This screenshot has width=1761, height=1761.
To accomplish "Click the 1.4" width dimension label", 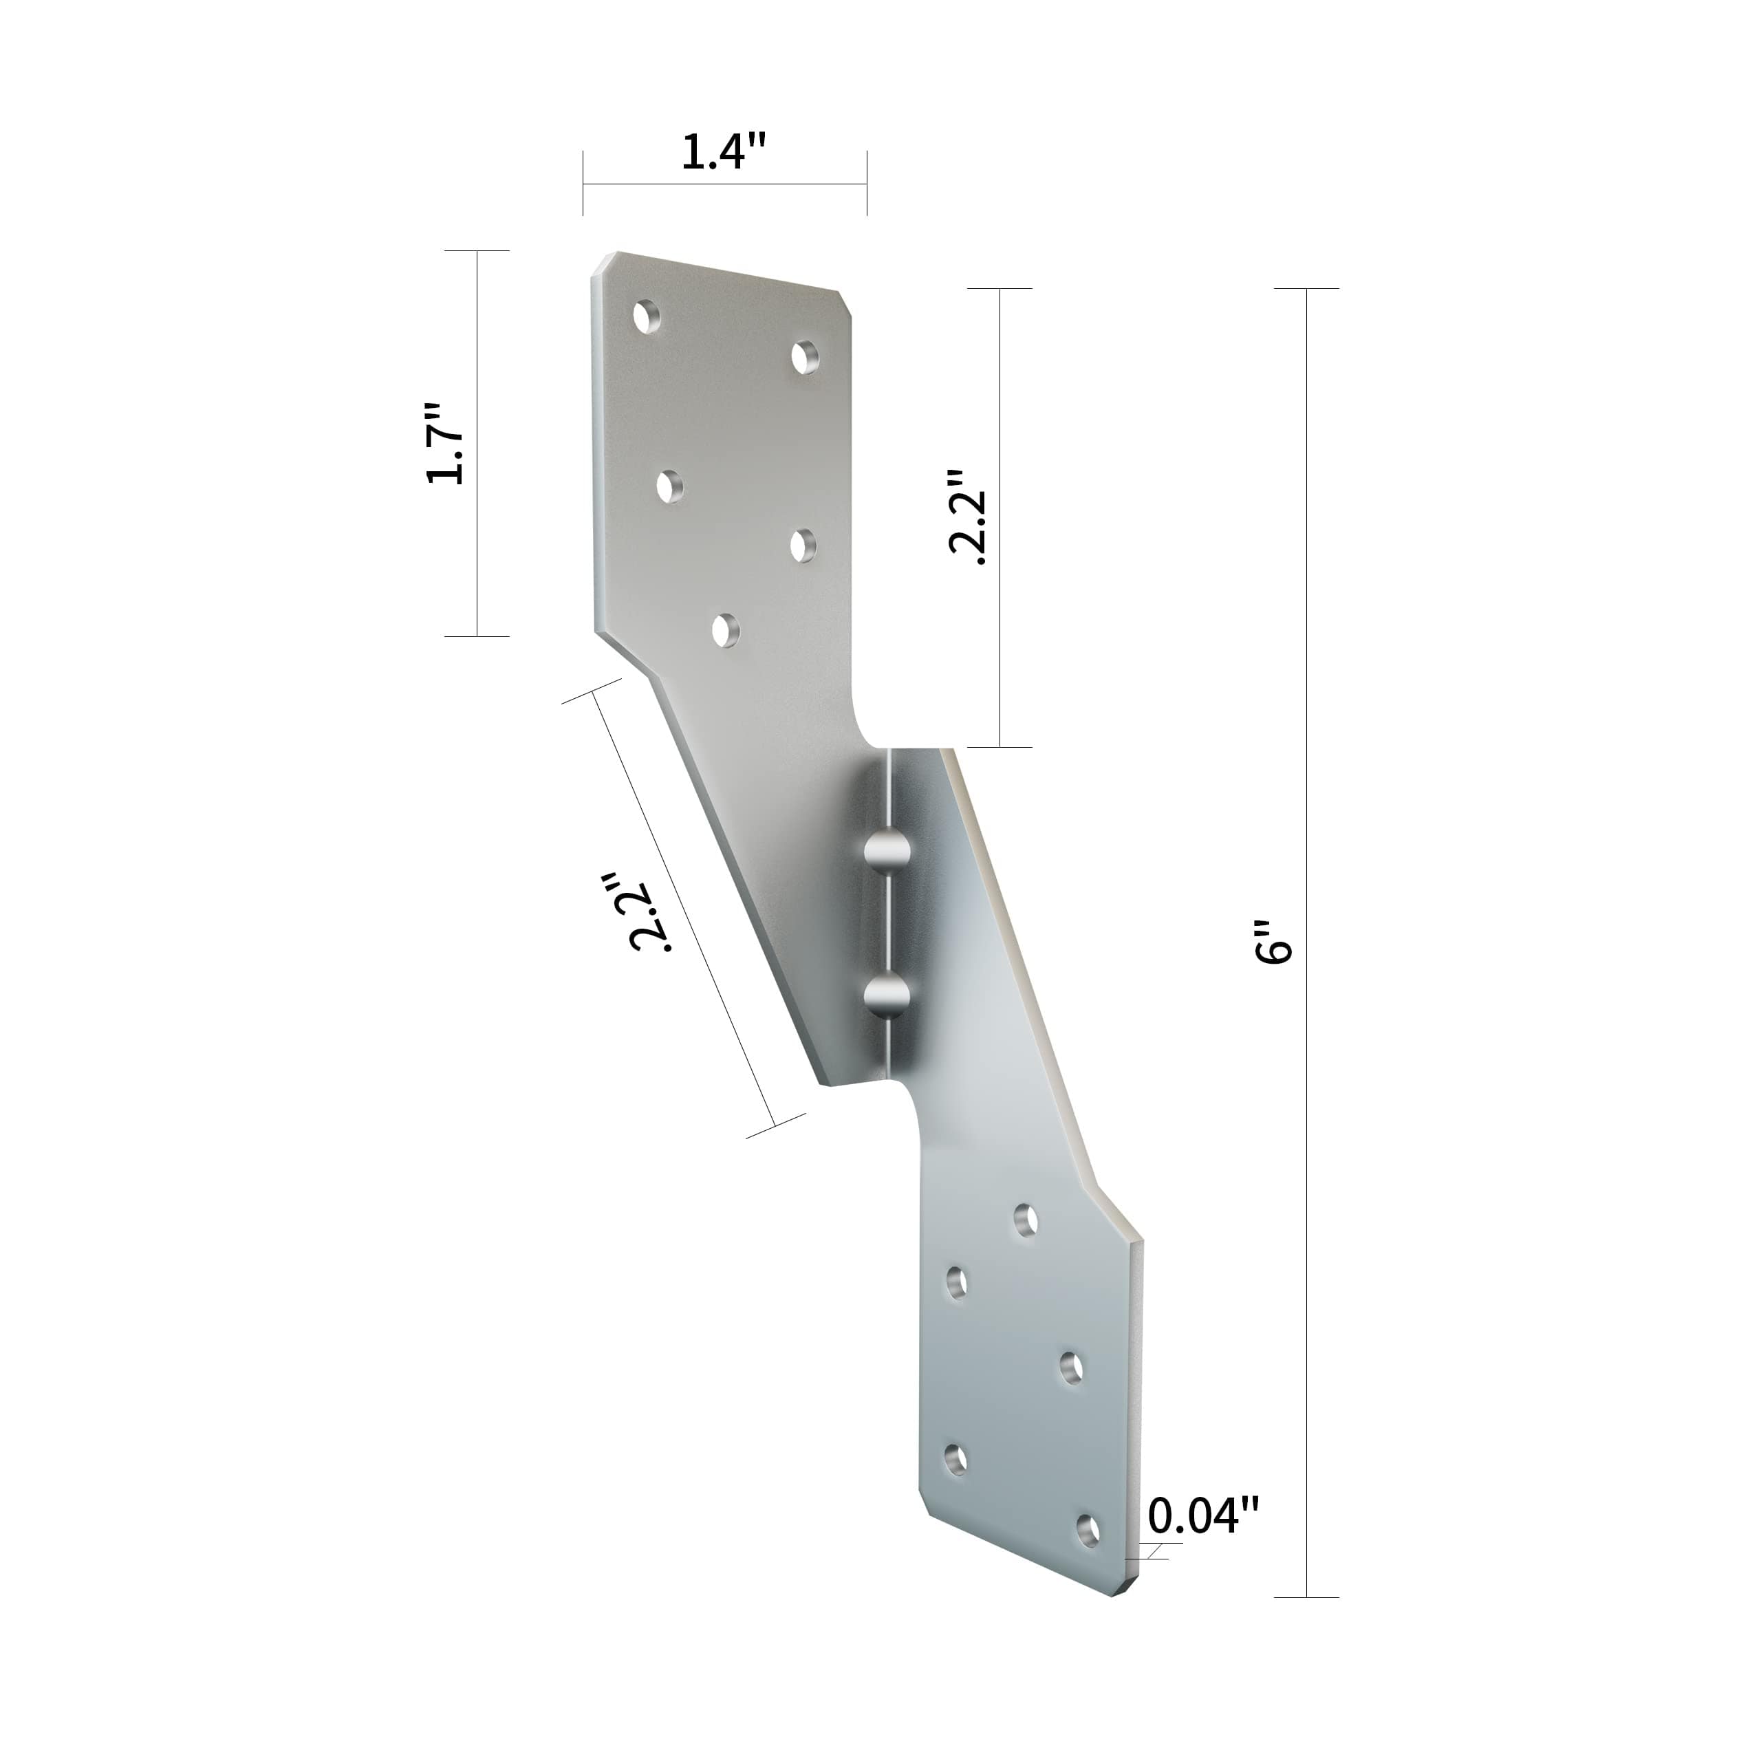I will pyautogui.click(x=724, y=151).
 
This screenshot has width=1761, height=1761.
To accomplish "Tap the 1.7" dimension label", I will pyautogui.click(x=446, y=443).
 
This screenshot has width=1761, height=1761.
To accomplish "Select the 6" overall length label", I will pyautogui.click(x=1273, y=942).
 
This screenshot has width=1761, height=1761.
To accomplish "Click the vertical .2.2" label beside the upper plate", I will pyautogui.click(x=968, y=518).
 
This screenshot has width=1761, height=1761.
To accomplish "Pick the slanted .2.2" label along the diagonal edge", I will pyautogui.click(x=651, y=911).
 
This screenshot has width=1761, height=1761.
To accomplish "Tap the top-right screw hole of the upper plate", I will pyautogui.click(x=804, y=357).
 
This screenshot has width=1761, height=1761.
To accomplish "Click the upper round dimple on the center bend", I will pyautogui.click(x=887, y=850).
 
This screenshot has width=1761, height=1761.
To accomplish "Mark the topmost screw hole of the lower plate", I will pyautogui.click(x=1026, y=1220).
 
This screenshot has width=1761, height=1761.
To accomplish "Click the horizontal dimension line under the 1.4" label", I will pyautogui.click(x=724, y=184).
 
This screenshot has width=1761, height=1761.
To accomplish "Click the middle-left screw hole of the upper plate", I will pyautogui.click(x=670, y=485).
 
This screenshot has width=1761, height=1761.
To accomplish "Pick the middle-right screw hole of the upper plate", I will pyautogui.click(x=802, y=545).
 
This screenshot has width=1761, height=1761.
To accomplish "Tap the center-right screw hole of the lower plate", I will pyautogui.click(x=1071, y=1368).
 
